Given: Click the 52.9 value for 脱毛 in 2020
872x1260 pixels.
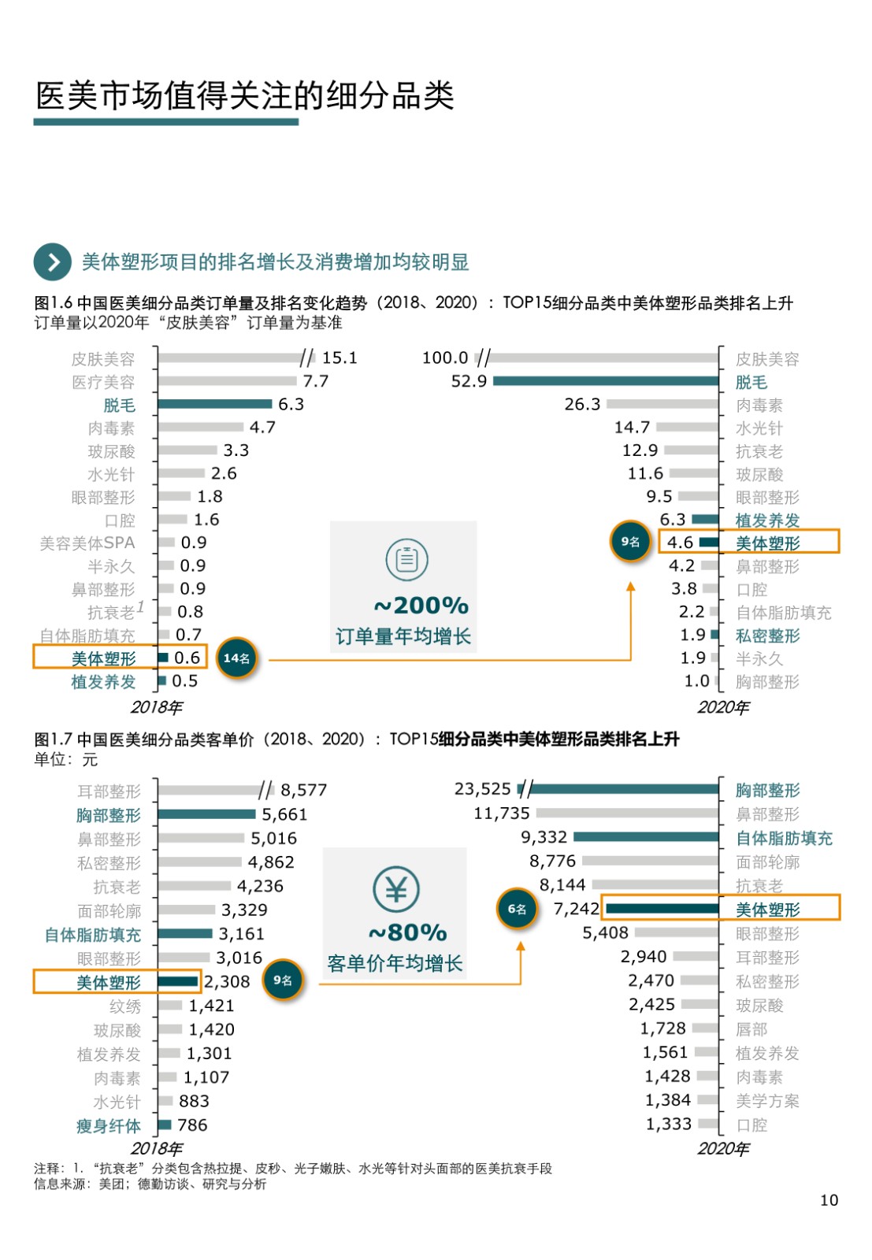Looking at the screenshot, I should (469, 381).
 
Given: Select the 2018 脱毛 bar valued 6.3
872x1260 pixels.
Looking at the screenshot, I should (214, 404).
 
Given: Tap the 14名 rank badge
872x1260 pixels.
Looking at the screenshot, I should (236, 658).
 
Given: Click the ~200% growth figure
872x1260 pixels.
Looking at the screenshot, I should (421, 605).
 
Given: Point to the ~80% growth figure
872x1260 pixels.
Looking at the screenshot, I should (407, 932).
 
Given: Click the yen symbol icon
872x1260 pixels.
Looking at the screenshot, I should (395, 889).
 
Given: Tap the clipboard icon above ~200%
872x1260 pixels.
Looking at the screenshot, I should (406, 559).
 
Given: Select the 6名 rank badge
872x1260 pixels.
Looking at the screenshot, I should (518, 909).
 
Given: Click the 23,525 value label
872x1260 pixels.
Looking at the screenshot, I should (483, 789).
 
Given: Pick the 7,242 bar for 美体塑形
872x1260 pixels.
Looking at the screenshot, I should (662, 909).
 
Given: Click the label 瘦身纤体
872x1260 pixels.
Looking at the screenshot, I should (109, 1126).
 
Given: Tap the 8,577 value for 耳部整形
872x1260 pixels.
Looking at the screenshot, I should (303, 790).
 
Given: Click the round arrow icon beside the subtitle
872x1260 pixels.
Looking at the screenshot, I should (53, 261).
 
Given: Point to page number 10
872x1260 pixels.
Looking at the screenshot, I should (829, 1200).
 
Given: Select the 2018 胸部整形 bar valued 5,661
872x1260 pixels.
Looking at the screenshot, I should (206, 814).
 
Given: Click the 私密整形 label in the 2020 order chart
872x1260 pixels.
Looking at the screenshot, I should (767, 636).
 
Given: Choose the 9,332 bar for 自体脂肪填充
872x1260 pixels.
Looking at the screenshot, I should (646, 837).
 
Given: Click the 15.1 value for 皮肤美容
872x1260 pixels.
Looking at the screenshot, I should (340, 358).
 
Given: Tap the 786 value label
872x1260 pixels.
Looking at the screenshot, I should (192, 1125).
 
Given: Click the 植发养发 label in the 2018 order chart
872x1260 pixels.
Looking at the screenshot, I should (103, 682).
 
